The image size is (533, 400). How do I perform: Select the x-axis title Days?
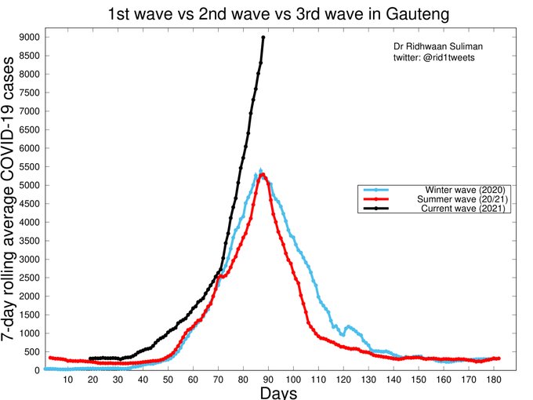278,392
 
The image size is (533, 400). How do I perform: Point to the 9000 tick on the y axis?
30,37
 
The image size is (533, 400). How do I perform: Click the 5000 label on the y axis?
30,185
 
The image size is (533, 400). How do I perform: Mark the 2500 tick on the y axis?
30,278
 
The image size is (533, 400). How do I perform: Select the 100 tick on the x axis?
294,380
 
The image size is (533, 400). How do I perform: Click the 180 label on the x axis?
494,380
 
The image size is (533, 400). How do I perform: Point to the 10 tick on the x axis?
68,380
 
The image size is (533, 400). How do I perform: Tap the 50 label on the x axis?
169,380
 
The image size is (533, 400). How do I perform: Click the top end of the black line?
263,37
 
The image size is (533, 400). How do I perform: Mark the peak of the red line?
263,175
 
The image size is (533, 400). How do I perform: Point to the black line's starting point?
91,358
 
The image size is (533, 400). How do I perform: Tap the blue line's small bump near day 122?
348,326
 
